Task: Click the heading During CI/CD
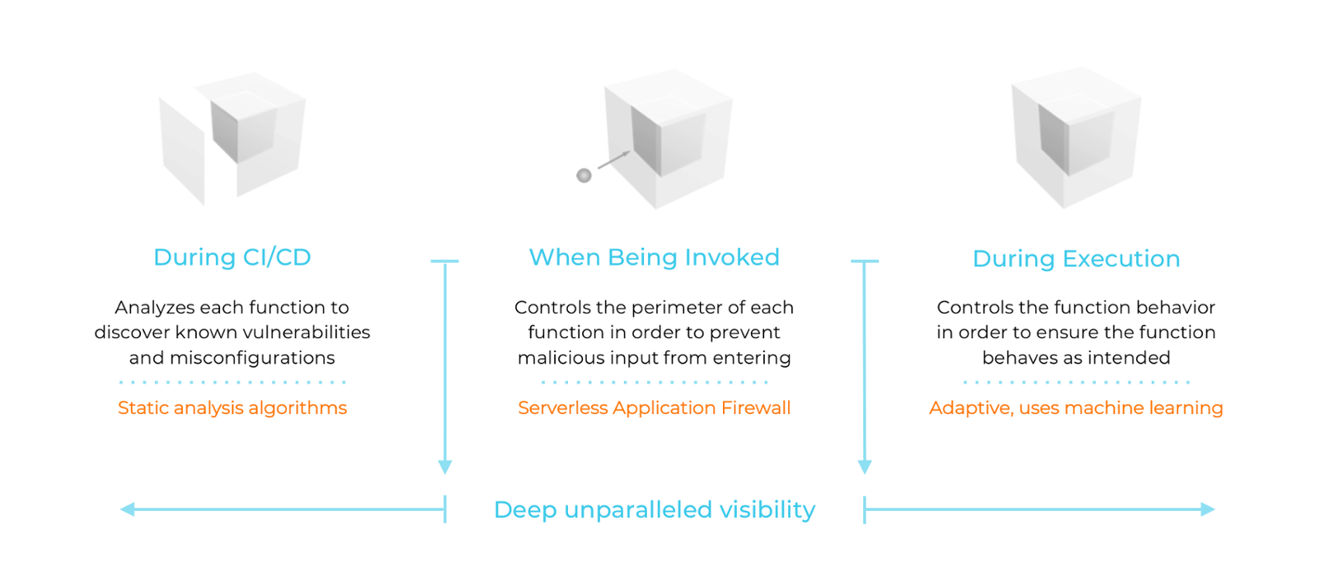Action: coord(232,257)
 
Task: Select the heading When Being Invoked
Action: coord(654,257)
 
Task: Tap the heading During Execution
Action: coord(1076,259)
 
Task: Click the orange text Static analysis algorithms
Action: coord(232,408)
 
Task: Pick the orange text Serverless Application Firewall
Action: coord(654,408)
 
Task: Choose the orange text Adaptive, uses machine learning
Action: coord(1076,408)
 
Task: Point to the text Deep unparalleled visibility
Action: coord(654,509)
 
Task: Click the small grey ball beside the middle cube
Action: coord(584,176)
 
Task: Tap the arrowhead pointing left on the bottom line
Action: coord(128,509)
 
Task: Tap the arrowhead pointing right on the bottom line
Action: coord(1208,509)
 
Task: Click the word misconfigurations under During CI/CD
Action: coord(252,358)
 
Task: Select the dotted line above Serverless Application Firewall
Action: coord(654,382)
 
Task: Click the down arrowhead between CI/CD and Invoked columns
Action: coord(445,466)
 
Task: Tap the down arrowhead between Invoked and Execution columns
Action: coord(865,466)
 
